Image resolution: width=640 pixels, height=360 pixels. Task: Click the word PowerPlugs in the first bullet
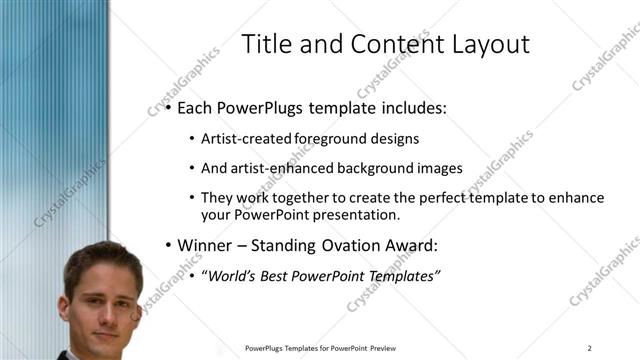[263, 106]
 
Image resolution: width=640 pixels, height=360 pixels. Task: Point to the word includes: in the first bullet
[410, 106]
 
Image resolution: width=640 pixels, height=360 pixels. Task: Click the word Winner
[206, 245]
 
